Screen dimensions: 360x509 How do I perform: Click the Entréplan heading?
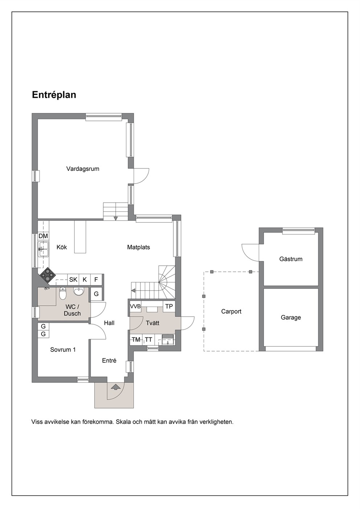click(54, 95)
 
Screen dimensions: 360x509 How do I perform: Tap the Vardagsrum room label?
click(83, 169)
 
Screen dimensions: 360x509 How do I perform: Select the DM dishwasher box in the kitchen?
click(43, 236)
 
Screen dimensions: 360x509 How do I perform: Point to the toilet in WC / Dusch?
click(62, 294)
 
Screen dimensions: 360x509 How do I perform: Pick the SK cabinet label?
click(73, 279)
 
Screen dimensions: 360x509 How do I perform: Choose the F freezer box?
click(96, 279)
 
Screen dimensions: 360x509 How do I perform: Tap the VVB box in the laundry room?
click(135, 306)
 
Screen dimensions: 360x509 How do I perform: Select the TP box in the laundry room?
click(169, 306)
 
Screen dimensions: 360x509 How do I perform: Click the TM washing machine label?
click(136, 340)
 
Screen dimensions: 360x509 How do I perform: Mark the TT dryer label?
click(149, 340)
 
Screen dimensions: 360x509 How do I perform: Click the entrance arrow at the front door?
click(116, 387)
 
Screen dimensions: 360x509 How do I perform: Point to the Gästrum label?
click(291, 259)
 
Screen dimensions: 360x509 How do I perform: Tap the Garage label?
click(291, 317)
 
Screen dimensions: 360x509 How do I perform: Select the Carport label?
click(231, 311)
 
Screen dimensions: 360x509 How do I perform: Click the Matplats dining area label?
click(138, 247)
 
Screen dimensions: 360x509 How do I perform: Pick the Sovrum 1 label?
click(63, 350)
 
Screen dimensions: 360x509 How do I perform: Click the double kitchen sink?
click(43, 249)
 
